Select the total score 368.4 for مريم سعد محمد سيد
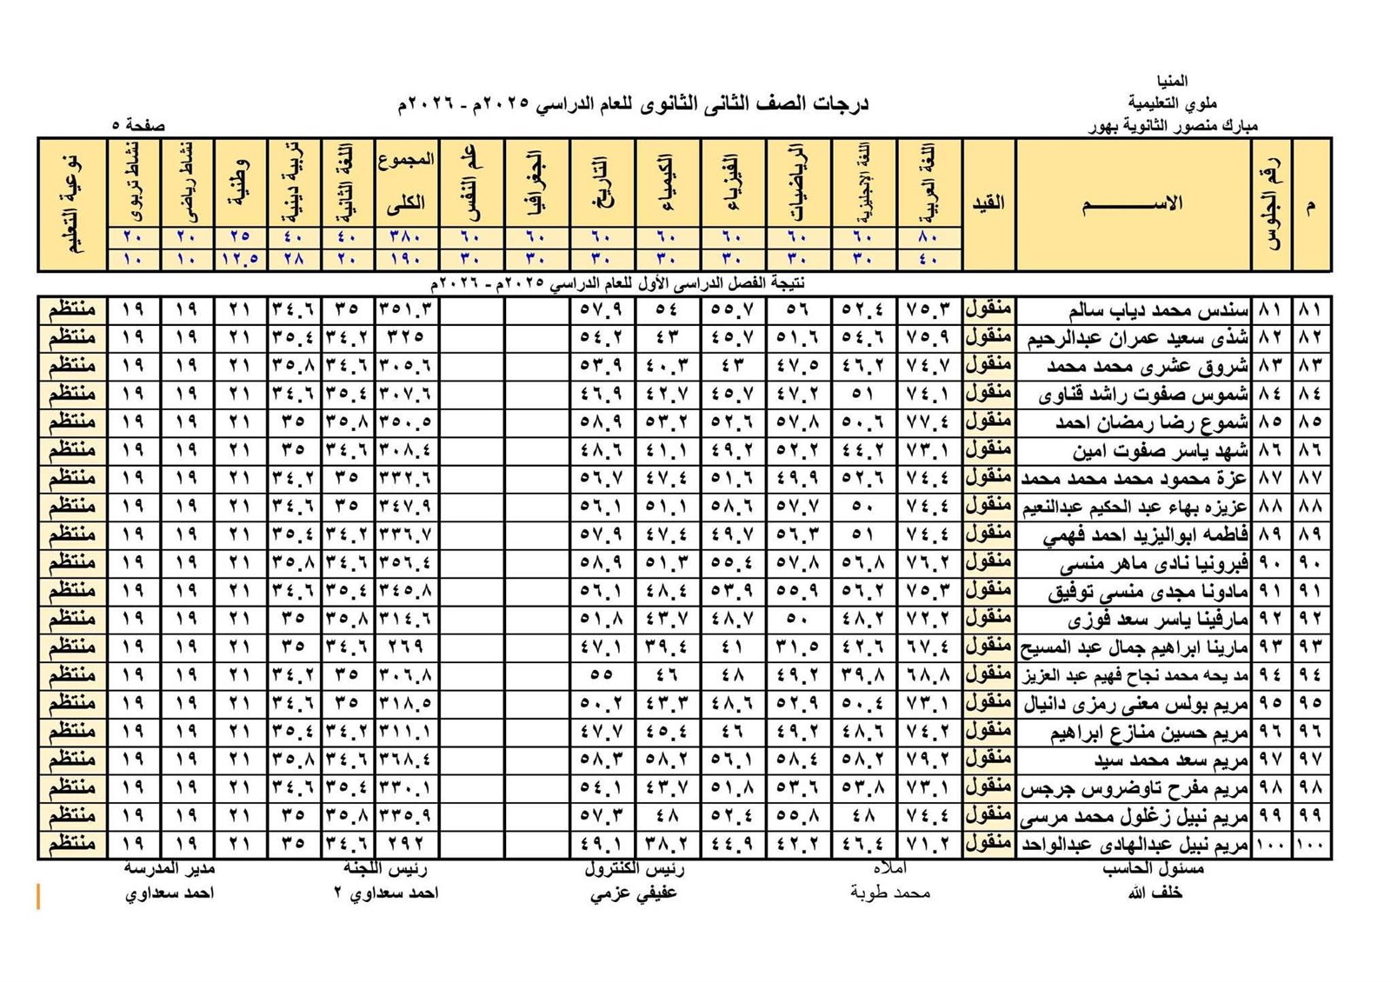coord(406,760)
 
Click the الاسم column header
coord(1133,204)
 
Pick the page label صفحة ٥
coord(138,125)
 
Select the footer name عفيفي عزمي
coord(633,892)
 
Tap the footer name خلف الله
coord(1155,892)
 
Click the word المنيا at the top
coord(1172,82)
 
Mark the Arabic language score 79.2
coord(928,760)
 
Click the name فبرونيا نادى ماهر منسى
coord(1154,563)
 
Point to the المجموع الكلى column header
coord(406,182)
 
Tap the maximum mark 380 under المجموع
coord(406,236)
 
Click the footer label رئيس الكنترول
coord(634,868)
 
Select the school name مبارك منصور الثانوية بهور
coord(1173,126)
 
